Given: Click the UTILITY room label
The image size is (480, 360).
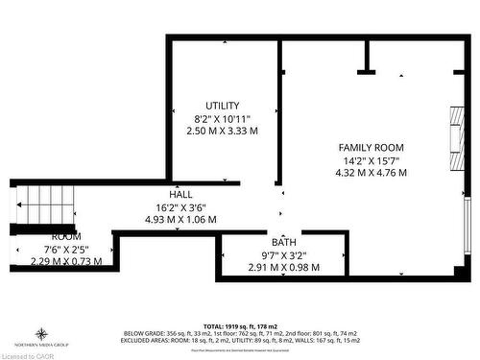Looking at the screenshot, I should (x=222, y=105).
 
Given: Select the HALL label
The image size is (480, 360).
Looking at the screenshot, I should (x=180, y=193).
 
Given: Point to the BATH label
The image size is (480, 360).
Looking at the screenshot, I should (x=283, y=241).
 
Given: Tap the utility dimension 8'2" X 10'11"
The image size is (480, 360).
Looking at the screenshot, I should (x=222, y=117).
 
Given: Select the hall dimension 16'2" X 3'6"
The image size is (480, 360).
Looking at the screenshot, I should (x=180, y=205).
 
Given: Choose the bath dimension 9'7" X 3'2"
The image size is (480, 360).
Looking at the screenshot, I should (x=283, y=254).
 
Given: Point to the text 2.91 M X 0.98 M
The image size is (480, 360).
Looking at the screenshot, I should (x=283, y=267).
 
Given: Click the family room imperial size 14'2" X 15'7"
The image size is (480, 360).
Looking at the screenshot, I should (x=370, y=160).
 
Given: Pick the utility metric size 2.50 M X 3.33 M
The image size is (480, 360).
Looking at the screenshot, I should (x=222, y=131).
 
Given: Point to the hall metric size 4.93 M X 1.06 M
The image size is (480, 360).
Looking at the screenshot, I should (x=180, y=219).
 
